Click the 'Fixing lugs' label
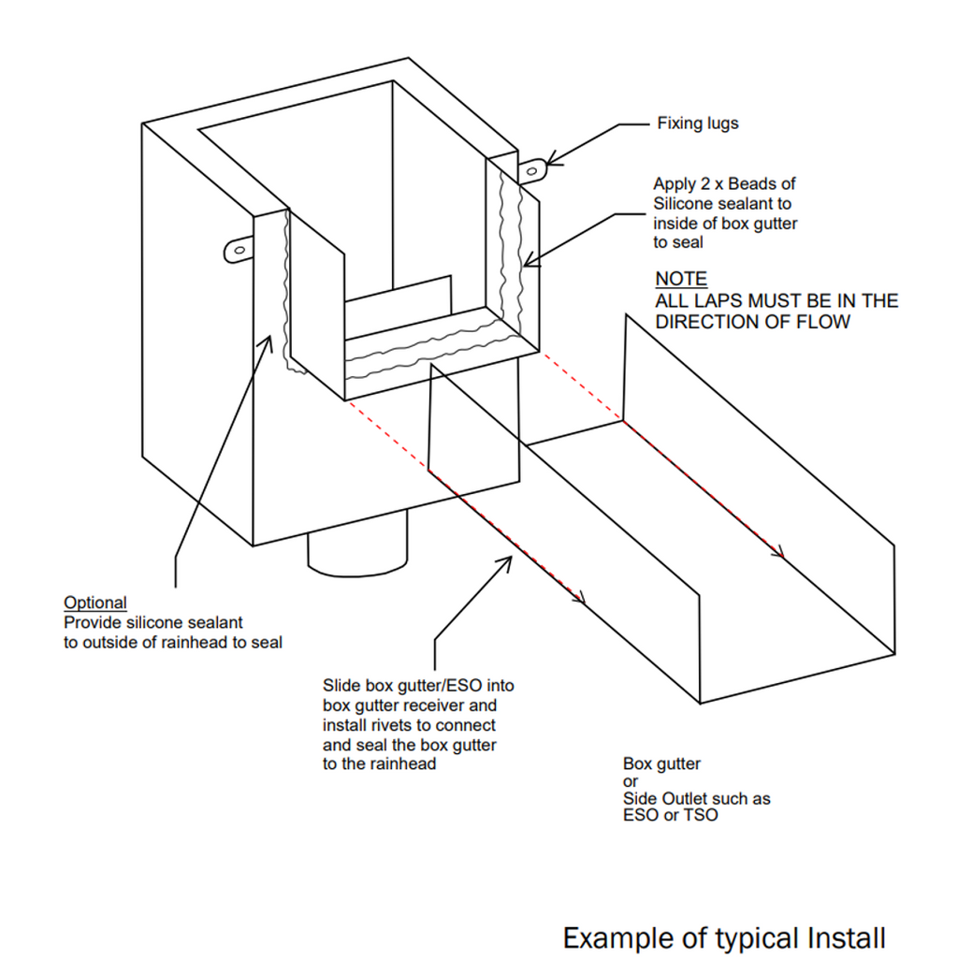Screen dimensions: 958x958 (697, 123)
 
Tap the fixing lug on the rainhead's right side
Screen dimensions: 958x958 (531, 169)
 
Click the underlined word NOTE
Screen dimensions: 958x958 (681, 279)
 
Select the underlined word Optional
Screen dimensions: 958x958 (94, 602)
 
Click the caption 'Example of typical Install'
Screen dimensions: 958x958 (723, 936)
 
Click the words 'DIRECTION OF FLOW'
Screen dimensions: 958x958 (752, 322)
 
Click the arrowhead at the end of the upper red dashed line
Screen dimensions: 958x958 (777, 553)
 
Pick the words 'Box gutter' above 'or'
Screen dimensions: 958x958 (661, 763)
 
